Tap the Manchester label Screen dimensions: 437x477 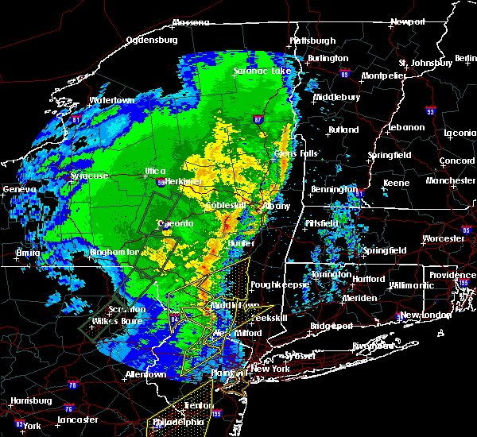tap(449, 180)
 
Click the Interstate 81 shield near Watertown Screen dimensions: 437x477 tap(76, 119)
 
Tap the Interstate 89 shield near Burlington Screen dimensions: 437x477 tap(344, 72)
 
